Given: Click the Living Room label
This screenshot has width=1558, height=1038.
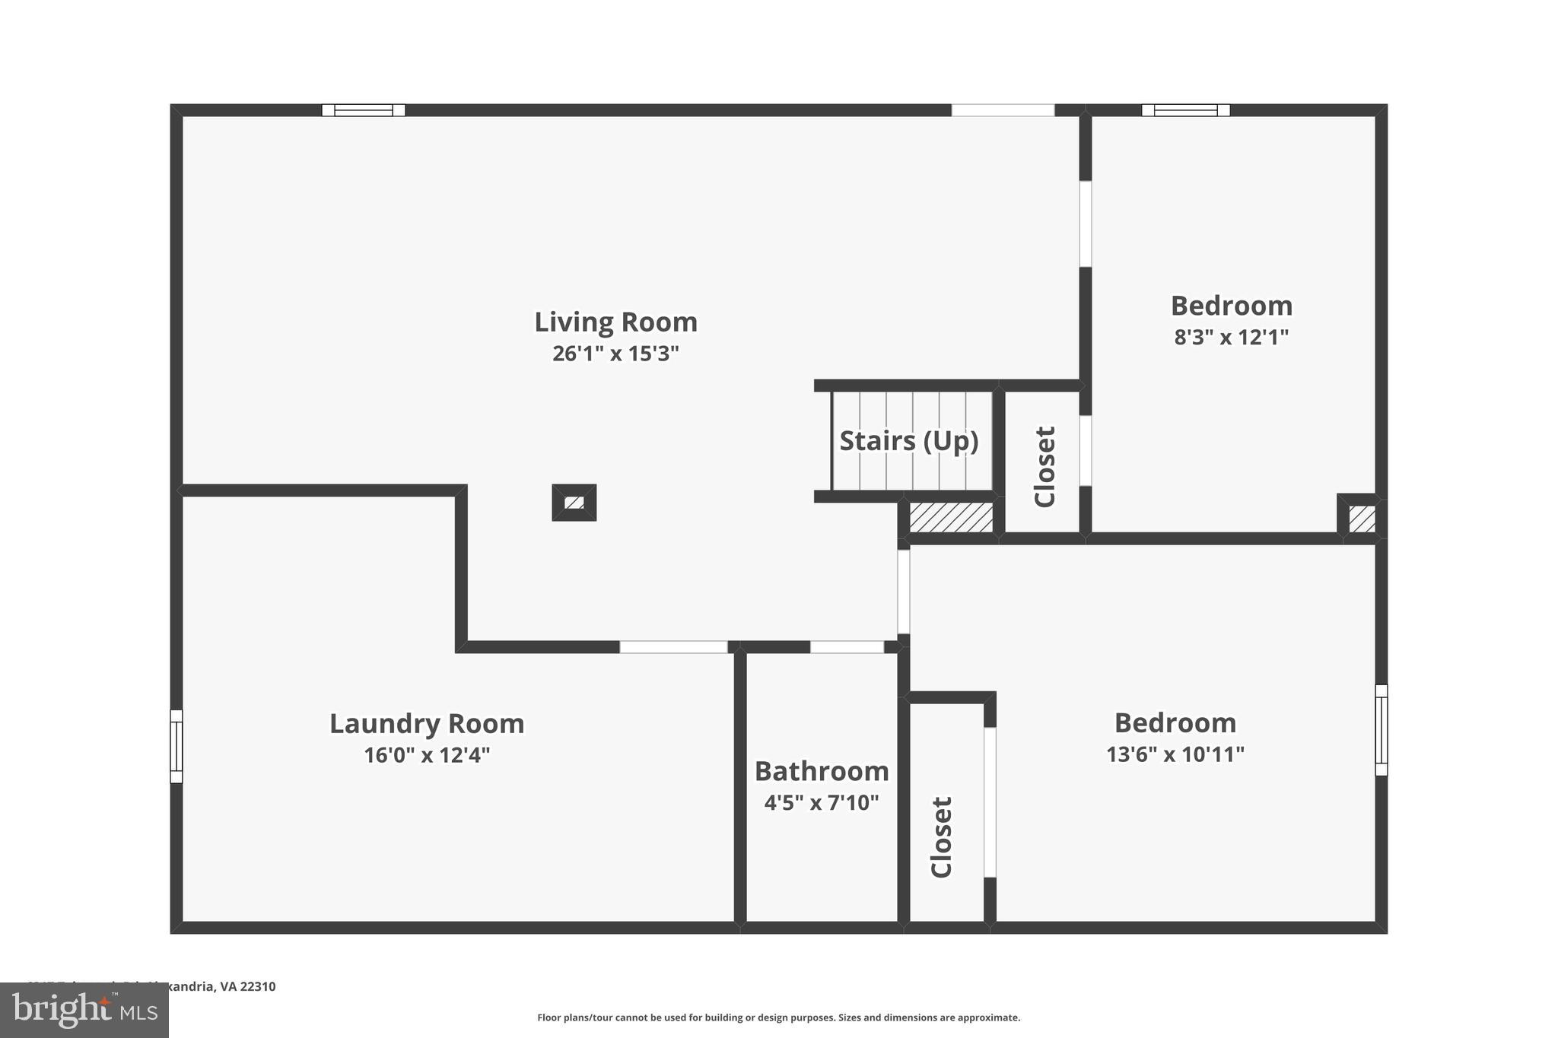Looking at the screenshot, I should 615,322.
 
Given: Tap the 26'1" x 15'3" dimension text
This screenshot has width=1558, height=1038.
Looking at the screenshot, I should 615,354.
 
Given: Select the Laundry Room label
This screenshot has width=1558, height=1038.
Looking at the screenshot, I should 427,724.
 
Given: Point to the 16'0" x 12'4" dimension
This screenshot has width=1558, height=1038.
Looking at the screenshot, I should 427,755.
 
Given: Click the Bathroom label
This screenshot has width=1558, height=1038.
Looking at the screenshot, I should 822,772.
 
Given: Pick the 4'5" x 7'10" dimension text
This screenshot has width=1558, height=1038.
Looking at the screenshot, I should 822,803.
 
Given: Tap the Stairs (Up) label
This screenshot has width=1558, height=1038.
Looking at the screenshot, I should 909,441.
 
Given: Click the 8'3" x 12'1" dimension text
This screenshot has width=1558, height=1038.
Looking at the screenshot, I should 1232,337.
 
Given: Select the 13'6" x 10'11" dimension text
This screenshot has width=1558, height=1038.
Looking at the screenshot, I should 1175,754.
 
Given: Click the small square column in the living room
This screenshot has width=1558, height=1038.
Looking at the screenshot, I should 574,503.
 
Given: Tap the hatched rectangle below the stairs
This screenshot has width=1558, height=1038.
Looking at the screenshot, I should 951,518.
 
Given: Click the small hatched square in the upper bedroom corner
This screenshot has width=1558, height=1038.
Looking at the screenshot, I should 1362,519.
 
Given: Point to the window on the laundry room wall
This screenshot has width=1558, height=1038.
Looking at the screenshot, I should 176,746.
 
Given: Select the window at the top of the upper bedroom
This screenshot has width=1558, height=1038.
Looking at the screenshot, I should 1185,110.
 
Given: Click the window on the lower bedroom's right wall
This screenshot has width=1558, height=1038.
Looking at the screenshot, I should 1382,730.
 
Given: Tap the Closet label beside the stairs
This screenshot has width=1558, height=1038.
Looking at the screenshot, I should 1045,466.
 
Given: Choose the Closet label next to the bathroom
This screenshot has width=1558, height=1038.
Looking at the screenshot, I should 942,836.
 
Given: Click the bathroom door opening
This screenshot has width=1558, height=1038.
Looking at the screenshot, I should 847,647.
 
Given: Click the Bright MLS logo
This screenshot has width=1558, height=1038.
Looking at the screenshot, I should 84,1010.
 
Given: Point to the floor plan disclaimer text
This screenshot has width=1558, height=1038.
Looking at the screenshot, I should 778,1017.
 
